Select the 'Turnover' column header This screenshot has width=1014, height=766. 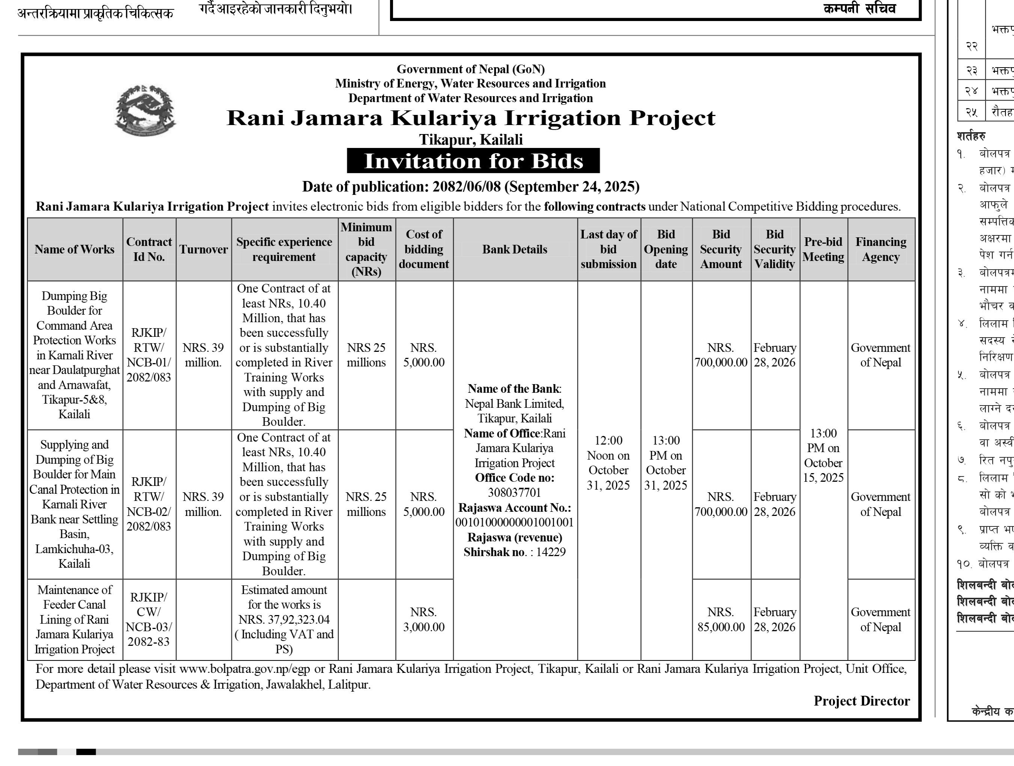pos(203,249)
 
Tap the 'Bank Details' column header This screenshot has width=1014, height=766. pos(515,249)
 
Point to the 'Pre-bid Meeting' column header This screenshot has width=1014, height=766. pos(823,249)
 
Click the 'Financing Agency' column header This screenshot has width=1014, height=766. pos(881,249)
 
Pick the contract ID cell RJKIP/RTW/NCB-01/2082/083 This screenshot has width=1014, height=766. pos(149,355)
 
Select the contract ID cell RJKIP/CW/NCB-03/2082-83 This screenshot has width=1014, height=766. pos(149,619)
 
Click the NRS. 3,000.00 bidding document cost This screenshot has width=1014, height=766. pos(424,619)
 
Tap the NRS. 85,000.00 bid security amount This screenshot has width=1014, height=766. pos(721,619)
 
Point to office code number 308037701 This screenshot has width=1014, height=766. pos(515,493)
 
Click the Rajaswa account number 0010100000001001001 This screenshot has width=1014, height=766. pos(515,523)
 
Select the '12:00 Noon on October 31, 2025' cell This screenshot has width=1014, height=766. pos(608,463)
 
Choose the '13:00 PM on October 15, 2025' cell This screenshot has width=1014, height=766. pos(823,455)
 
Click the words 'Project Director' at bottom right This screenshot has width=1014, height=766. pos(861,701)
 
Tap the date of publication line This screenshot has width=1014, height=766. pos(471,187)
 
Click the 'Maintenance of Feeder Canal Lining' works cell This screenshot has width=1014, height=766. pos(75,619)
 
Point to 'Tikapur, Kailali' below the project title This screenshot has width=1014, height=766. pos(471,139)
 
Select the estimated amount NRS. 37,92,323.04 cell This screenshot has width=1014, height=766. pos(284,619)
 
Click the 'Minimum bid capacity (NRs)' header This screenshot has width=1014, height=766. pos(366,249)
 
